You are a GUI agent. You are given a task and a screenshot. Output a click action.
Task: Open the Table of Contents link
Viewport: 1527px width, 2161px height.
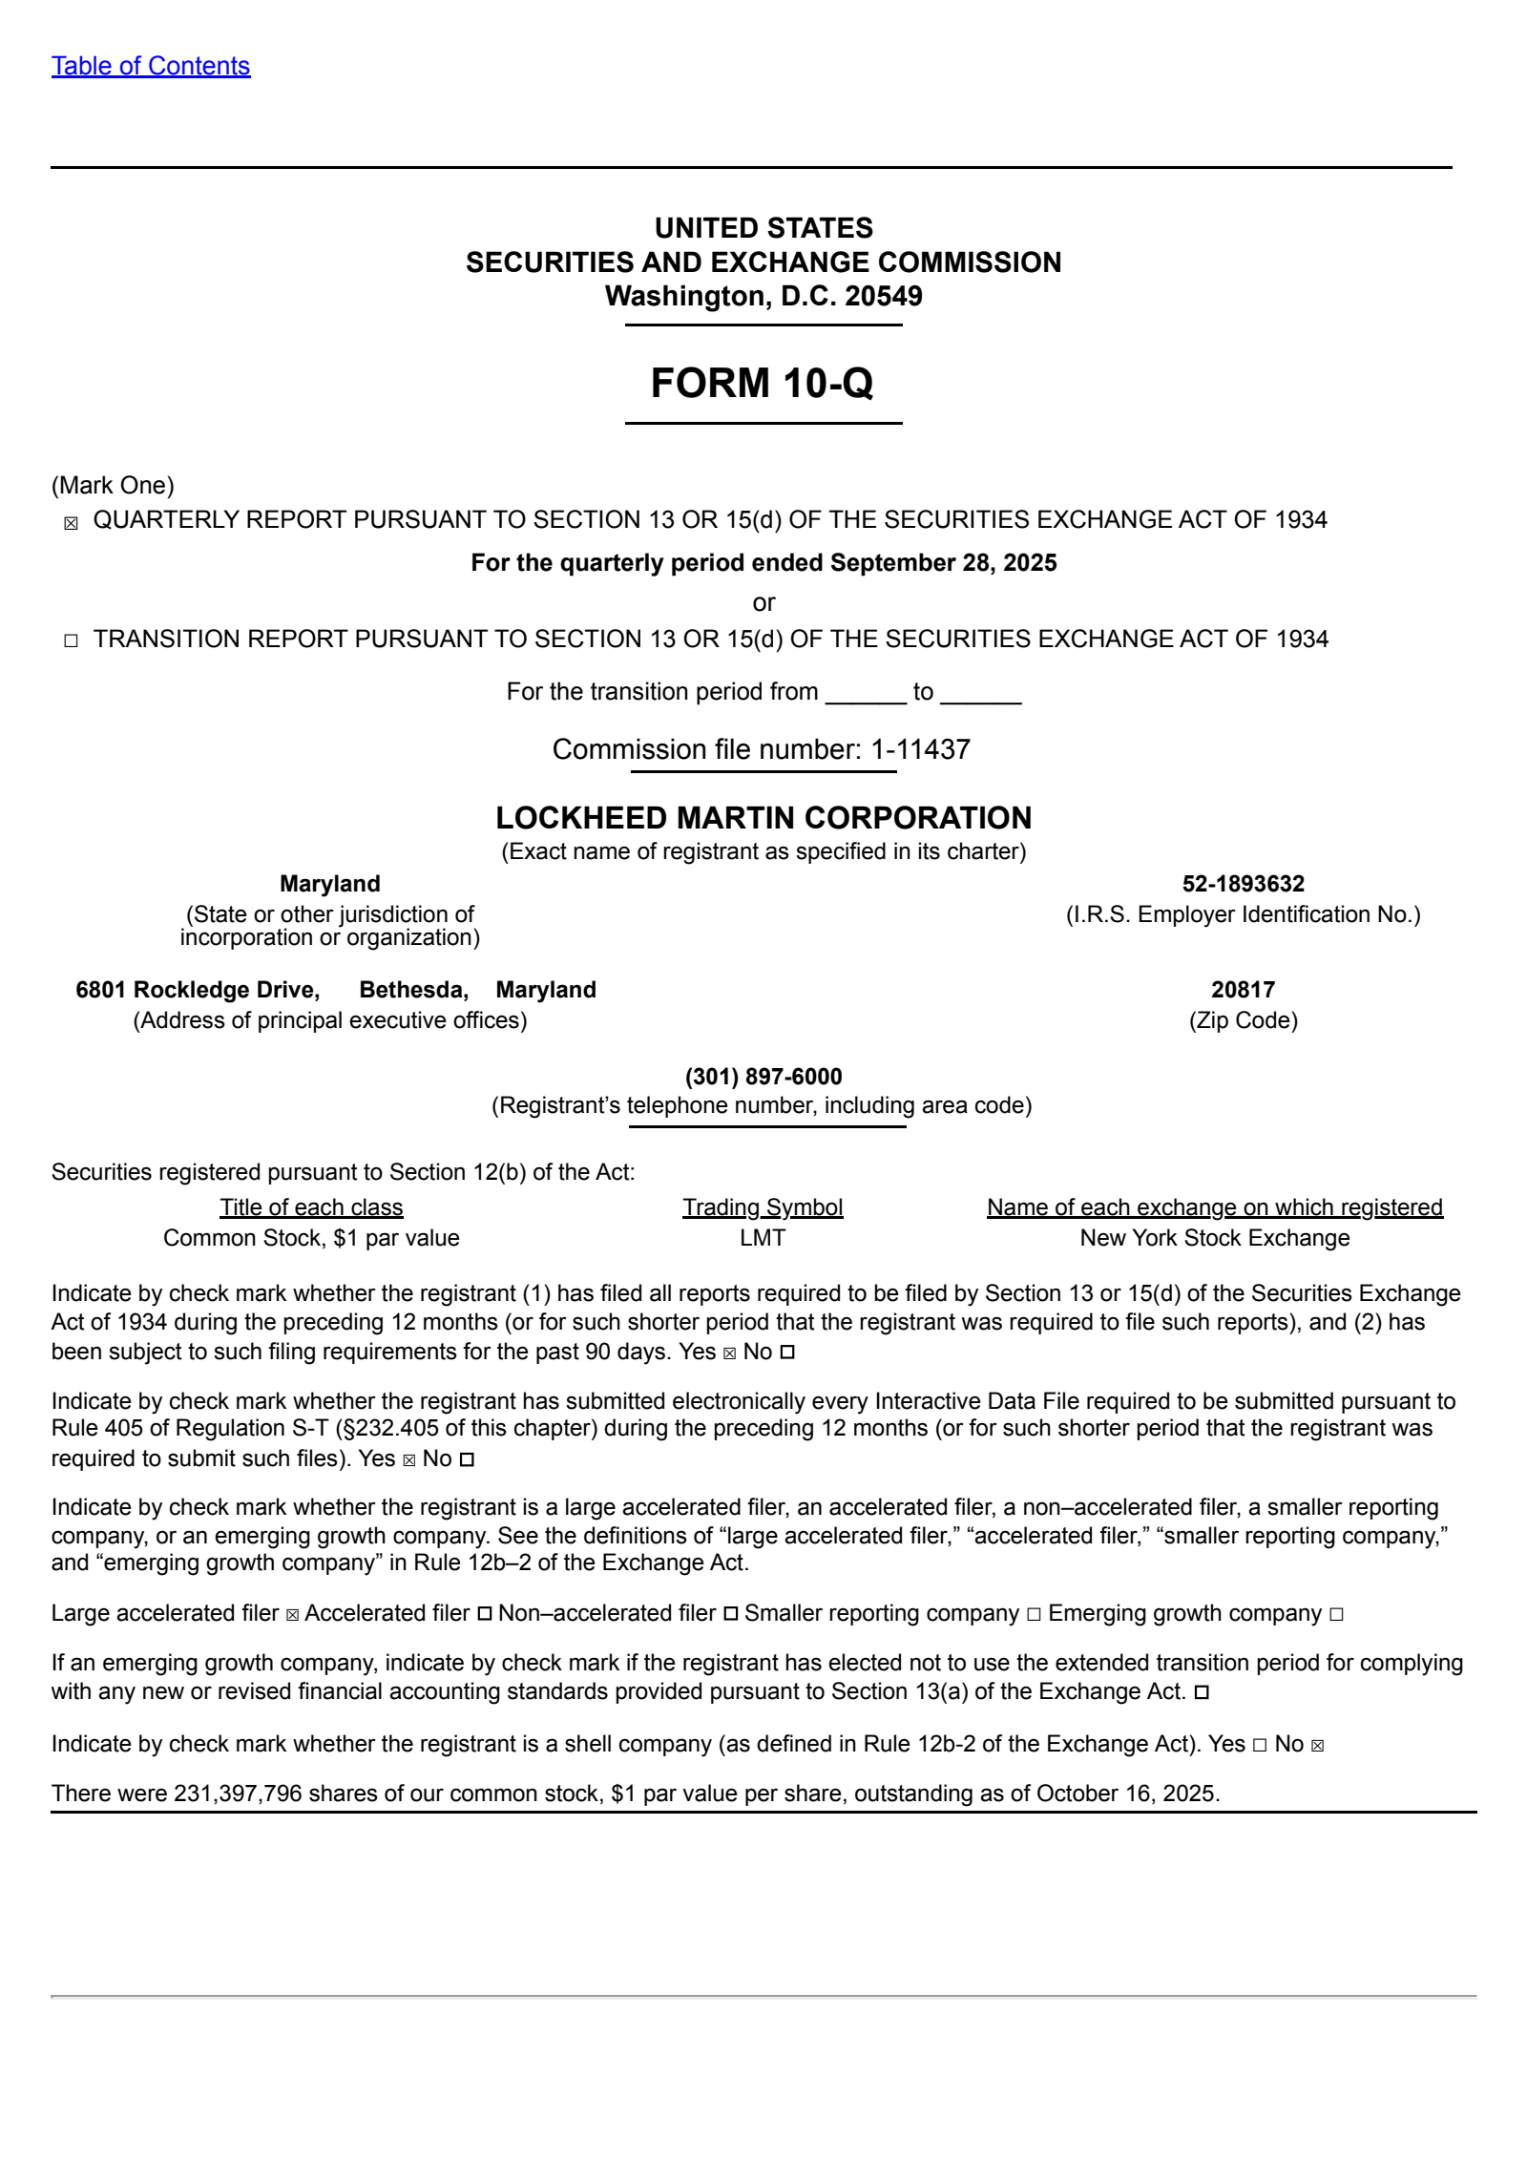point(151,66)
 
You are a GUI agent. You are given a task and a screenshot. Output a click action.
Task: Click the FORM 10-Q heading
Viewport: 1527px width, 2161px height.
point(762,383)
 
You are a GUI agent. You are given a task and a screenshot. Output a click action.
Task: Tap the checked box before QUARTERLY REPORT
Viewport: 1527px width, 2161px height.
point(71,523)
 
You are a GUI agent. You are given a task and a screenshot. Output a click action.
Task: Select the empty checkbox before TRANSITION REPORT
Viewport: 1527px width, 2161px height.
point(71,641)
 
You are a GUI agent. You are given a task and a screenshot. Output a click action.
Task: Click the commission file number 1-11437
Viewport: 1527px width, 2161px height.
point(920,749)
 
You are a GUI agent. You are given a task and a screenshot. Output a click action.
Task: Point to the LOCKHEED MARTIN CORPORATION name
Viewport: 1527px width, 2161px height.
point(763,818)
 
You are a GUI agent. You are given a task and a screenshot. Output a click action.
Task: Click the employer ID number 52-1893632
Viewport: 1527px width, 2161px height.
point(1243,884)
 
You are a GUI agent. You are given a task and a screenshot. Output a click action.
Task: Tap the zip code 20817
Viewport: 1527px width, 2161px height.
point(1243,990)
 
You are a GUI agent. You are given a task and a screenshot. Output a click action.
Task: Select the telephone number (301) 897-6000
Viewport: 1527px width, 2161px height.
point(763,1077)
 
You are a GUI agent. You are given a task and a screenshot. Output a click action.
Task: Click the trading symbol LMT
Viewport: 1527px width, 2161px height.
point(763,1238)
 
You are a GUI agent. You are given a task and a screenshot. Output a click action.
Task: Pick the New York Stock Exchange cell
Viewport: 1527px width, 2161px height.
point(1214,1238)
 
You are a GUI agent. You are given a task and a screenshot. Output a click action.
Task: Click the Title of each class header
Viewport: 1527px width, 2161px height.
point(311,1207)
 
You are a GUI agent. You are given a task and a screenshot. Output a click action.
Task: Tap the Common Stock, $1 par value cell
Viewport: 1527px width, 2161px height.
point(311,1238)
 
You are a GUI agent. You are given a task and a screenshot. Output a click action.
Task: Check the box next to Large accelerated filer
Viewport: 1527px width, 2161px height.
point(292,1614)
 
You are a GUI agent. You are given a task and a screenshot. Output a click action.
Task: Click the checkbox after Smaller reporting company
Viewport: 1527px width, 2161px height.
point(1034,1614)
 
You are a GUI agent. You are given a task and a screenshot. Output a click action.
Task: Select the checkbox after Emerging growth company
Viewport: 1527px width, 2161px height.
point(1336,1614)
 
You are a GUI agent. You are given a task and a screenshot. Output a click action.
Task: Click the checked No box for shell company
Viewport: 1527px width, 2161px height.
point(1318,1746)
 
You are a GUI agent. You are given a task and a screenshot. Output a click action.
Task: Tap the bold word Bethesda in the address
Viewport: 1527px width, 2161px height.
point(413,990)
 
